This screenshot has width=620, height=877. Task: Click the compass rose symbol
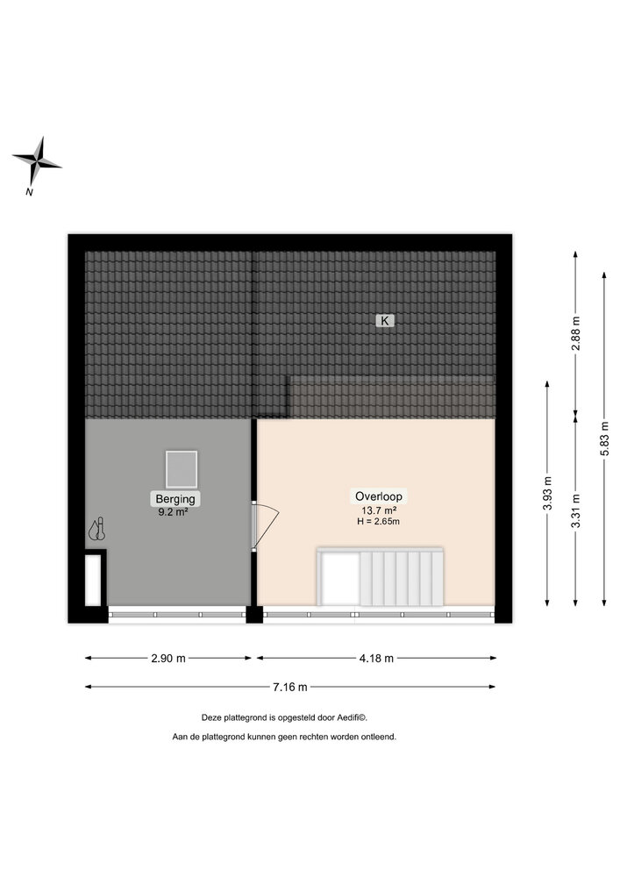pyautogui.click(x=37, y=161)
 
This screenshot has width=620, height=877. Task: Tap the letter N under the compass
pyautogui.click(x=30, y=191)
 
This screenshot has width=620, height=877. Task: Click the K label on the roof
pyautogui.click(x=384, y=321)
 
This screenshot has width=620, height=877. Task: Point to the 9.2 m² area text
pyautogui.click(x=174, y=511)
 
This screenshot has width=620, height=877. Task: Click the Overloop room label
pyautogui.click(x=379, y=496)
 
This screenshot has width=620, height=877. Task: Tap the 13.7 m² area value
pyautogui.click(x=379, y=510)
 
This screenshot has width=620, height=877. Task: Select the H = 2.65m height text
pyautogui.click(x=379, y=522)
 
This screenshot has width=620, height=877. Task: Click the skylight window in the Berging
pyautogui.click(x=182, y=468)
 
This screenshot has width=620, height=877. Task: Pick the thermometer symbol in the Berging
pyautogui.click(x=96, y=529)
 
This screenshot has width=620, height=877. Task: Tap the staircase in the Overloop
pyautogui.click(x=399, y=577)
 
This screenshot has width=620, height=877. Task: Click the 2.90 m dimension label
pyautogui.click(x=168, y=658)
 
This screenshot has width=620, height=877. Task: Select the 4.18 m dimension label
pyautogui.click(x=376, y=658)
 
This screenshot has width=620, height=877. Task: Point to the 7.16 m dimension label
pyautogui.click(x=289, y=688)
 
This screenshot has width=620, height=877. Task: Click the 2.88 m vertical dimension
pyautogui.click(x=575, y=332)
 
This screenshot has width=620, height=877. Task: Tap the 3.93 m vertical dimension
pyautogui.click(x=547, y=493)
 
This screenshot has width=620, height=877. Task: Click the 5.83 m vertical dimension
pyautogui.click(x=604, y=438)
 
